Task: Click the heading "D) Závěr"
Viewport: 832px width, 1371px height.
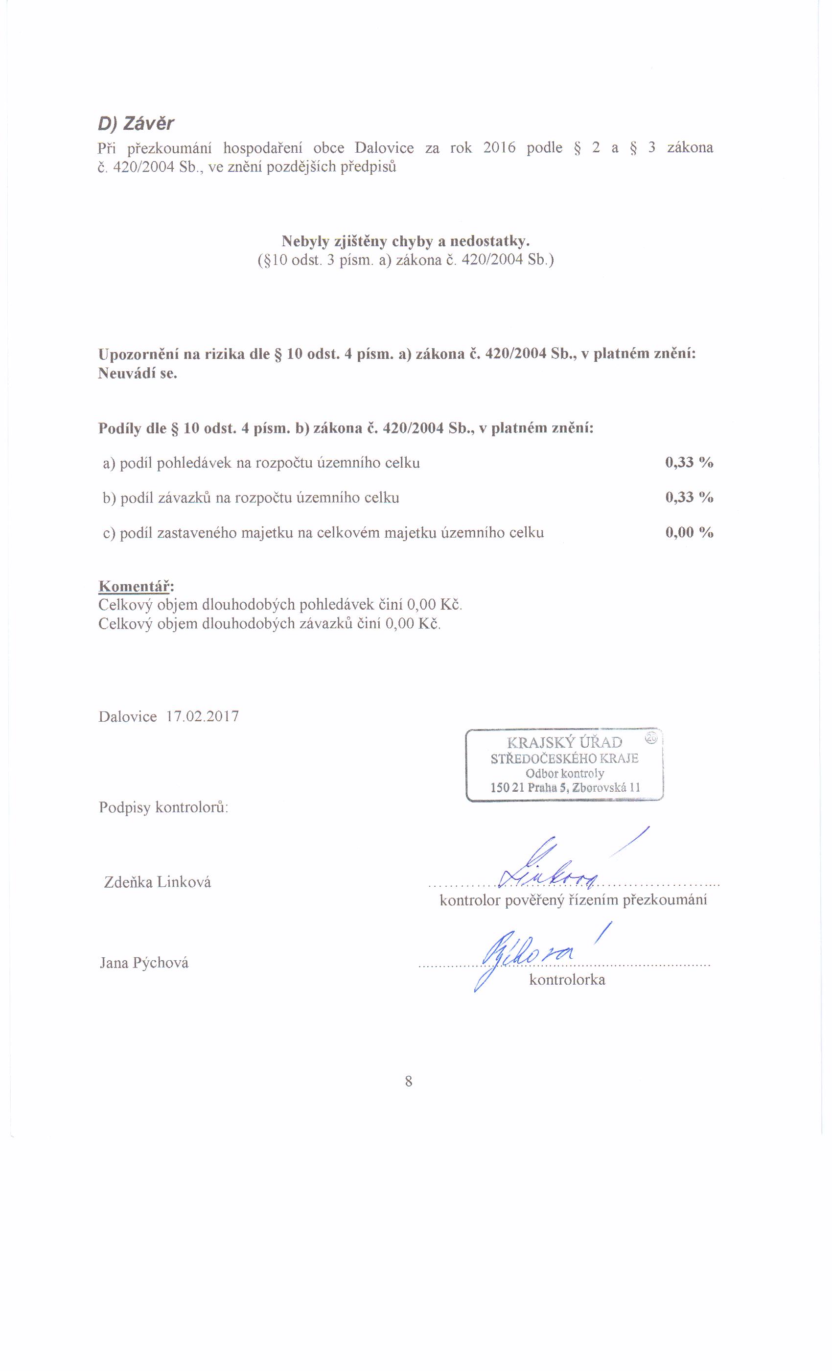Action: [x=136, y=123]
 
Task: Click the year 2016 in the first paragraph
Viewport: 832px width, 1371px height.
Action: [x=499, y=148]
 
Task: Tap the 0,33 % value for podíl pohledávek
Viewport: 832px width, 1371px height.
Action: [x=689, y=462]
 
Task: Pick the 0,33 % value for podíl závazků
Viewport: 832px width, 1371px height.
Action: [x=689, y=497]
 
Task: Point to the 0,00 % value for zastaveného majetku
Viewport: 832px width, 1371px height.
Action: [x=689, y=533]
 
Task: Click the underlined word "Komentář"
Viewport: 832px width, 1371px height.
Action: [x=135, y=586]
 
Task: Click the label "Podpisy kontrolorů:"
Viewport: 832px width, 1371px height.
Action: [x=163, y=807]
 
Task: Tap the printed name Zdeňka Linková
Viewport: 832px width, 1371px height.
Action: [x=158, y=882]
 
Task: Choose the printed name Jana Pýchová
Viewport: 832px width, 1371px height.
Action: [x=144, y=963]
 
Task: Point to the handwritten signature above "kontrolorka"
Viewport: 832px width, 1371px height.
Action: [x=529, y=955]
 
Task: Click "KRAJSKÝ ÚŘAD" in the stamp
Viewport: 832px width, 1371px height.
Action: [x=564, y=742]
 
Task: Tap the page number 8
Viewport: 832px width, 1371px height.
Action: [x=409, y=1081]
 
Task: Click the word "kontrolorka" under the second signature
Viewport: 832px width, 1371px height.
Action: [x=567, y=979]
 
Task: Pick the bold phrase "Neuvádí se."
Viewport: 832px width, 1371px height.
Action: [x=138, y=373]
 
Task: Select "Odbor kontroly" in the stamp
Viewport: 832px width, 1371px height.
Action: [x=564, y=773]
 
